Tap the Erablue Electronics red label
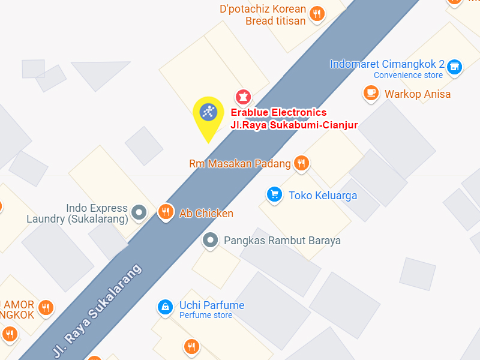pos(279,112)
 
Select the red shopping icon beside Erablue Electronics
pos(243,96)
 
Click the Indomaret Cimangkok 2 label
pos(387,64)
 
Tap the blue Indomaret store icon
pos(455,66)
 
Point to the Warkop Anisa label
pos(418,94)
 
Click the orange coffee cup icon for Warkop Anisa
pos(371,92)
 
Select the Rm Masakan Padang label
pos(239,163)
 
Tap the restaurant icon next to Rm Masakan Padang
pos(301,163)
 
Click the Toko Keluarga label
pos(323,195)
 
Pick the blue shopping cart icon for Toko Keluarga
pos(275,194)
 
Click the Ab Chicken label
pos(206,213)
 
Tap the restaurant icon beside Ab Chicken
pos(166,211)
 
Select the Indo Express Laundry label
pos(77,214)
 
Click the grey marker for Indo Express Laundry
pos(139,212)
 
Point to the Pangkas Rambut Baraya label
pos(282,241)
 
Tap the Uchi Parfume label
pos(212,305)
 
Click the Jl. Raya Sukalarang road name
pos(98,310)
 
